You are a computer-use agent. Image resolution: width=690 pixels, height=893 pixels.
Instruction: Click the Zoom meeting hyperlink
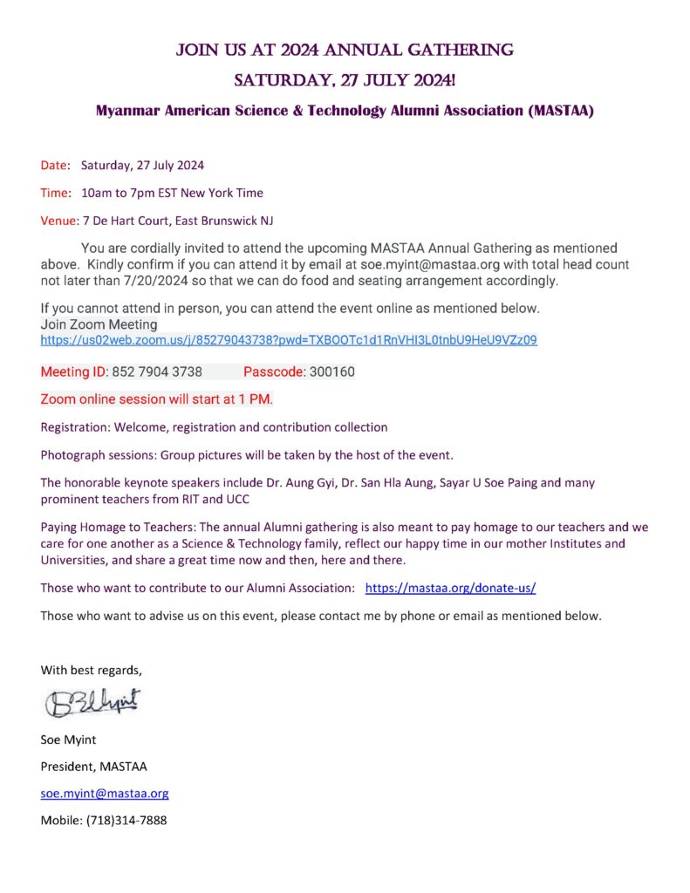(289, 340)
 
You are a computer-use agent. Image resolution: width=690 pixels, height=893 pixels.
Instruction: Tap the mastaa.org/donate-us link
(450, 588)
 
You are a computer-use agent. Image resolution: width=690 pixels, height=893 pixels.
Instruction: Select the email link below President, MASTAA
(105, 794)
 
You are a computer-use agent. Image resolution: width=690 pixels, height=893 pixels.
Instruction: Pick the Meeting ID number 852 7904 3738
(156, 372)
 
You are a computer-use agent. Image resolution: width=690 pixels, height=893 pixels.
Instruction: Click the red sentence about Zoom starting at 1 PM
(157, 399)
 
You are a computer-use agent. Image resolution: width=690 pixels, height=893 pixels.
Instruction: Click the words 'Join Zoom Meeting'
(99, 324)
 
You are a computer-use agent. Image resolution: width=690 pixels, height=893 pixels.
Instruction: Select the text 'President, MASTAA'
(94, 767)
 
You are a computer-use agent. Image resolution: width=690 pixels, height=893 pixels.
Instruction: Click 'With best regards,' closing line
(91, 670)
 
